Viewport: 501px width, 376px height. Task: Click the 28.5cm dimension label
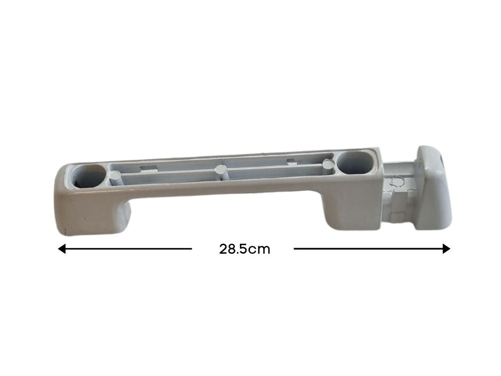pos(244,249)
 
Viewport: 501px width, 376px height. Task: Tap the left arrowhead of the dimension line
pos(62,249)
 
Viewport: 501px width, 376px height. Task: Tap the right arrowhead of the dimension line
pos(446,249)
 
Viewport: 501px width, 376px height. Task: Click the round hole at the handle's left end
pos(88,176)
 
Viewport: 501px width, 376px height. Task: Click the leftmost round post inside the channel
pos(115,176)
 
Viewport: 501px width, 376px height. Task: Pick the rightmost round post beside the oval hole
pos(328,165)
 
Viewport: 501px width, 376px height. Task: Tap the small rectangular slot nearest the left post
pos(148,168)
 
